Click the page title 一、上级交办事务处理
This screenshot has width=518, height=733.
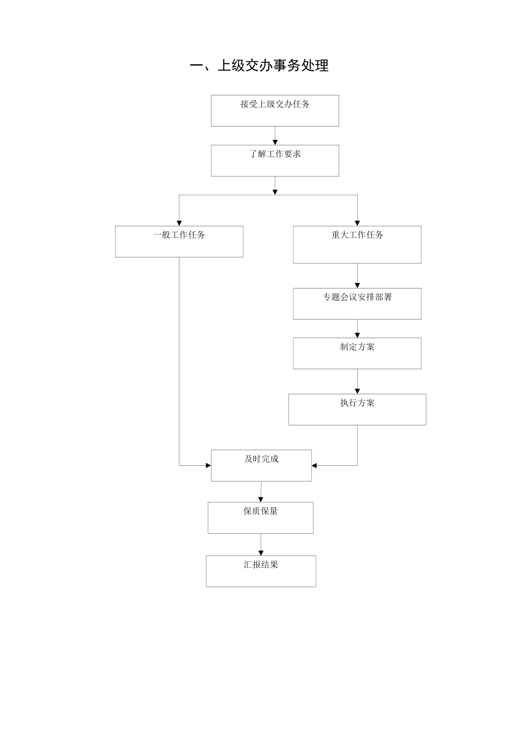tap(259, 66)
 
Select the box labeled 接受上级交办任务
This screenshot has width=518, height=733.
tap(275, 111)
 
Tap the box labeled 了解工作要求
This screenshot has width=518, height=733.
tap(275, 160)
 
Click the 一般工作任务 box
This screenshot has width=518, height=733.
tap(179, 242)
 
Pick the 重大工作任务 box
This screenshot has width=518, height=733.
tap(357, 245)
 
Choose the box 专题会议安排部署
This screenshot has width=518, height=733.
tap(357, 304)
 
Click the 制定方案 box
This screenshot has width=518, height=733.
tap(357, 353)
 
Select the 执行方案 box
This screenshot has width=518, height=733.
tap(357, 410)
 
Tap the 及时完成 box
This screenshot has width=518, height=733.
tap(261, 466)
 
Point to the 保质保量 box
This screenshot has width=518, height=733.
tap(261, 518)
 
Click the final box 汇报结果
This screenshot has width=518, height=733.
tap(261, 571)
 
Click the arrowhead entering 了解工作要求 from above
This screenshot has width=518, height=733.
tap(275, 142)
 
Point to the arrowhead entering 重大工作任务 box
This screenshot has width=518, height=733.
tap(357, 223)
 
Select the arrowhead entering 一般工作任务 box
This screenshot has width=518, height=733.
tap(179, 223)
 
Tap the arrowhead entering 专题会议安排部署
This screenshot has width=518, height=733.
tap(357, 285)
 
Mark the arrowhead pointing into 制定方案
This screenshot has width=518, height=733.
tap(357, 335)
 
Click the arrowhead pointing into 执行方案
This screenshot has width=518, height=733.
tap(357, 391)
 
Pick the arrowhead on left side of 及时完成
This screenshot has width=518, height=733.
tap(208, 466)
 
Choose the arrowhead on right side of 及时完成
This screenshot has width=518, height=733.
tap(315, 466)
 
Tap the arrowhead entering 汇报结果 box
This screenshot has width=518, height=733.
tap(261, 553)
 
